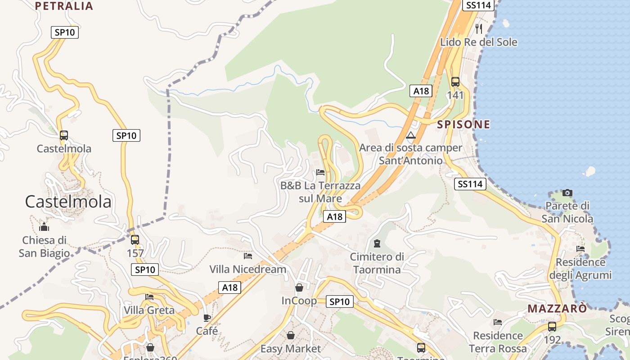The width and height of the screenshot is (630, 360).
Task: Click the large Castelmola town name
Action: point(68,202)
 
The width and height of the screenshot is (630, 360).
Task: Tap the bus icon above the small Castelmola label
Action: point(64,135)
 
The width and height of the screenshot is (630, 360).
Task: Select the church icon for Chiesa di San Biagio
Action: point(44,227)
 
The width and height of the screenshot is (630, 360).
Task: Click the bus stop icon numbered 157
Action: point(135,240)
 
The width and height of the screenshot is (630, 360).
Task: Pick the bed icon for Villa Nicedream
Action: point(247,256)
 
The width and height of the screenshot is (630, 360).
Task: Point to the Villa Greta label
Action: point(149,310)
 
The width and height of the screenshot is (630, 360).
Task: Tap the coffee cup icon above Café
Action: point(207,318)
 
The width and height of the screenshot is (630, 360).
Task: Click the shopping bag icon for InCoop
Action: point(299,287)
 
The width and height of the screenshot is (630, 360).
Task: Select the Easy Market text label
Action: point(291,349)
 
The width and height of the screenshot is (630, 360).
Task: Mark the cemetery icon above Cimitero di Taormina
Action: point(377,243)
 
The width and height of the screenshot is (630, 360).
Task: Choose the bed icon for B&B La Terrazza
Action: point(320,172)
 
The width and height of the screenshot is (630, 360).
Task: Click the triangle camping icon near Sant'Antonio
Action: point(410,135)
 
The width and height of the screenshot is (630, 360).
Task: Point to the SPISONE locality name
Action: point(463,125)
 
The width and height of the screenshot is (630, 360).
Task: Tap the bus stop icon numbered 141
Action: point(455,82)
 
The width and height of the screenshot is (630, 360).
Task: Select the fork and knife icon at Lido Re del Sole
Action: point(478,29)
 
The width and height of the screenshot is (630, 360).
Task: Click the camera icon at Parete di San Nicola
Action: point(567,193)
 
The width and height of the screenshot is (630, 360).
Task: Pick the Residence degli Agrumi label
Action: point(580,269)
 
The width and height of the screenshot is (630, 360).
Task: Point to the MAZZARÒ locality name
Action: point(557,309)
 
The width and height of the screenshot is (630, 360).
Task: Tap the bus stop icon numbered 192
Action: point(552,327)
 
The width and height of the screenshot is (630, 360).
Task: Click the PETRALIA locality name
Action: point(64,6)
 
